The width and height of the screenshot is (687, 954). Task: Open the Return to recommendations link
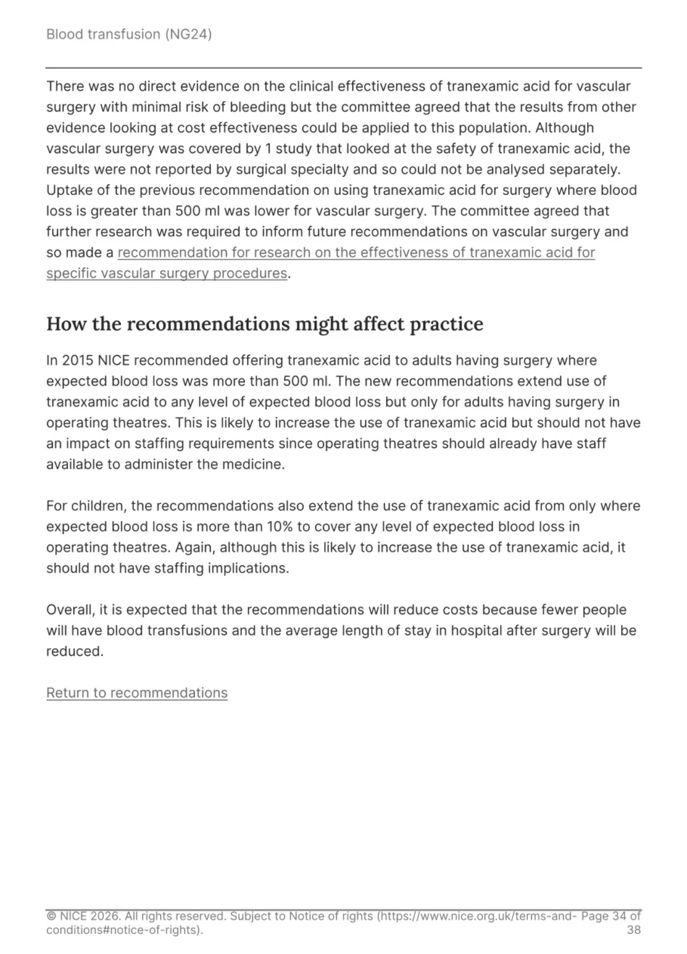137,693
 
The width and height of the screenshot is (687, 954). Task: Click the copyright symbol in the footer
51,916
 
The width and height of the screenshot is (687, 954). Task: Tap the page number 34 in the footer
619,916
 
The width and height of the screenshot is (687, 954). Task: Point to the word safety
452,149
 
